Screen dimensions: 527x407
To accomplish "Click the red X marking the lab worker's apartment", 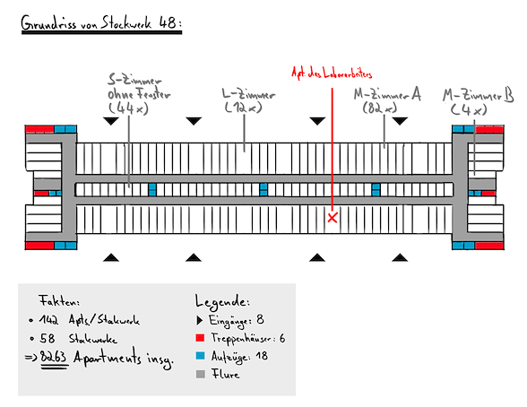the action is (x=332, y=218).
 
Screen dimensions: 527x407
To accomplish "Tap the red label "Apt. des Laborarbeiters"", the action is (x=332, y=74).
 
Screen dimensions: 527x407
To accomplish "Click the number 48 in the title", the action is (x=169, y=22).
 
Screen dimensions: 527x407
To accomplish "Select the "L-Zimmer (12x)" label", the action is (x=248, y=100).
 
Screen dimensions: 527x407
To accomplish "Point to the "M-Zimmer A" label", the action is (x=387, y=94).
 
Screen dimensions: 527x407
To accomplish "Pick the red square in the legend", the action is (x=200, y=338).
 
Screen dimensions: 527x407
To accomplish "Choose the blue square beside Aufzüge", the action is (x=200, y=356).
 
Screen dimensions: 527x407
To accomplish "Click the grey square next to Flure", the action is (x=201, y=374).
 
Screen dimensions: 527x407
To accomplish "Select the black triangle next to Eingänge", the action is (x=200, y=320).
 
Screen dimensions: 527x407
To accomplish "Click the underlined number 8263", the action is (x=53, y=357).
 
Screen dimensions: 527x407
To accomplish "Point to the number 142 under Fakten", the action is (x=48, y=319).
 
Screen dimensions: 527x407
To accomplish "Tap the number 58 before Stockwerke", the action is (x=48, y=338).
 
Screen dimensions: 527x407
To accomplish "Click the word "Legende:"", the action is (x=222, y=301).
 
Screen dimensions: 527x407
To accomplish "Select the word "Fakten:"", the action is (x=59, y=300).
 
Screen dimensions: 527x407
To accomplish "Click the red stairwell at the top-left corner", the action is (x=39, y=129).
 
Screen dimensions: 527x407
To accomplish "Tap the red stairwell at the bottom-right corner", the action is (x=489, y=246).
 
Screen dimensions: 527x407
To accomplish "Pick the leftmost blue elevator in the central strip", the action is (x=152, y=189).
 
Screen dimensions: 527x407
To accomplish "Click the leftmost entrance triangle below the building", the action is (x=111, y=258).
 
